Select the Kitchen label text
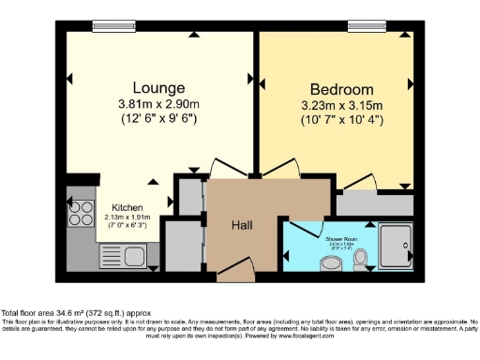[x=127, y=207]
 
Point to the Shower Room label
[x=343, y=240]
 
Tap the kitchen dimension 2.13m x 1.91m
[x=127, y=217]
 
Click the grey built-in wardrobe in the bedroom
[x=375, y=204]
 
